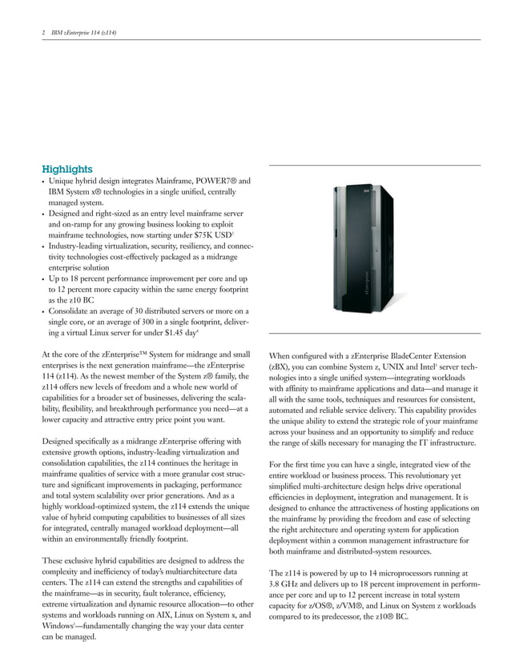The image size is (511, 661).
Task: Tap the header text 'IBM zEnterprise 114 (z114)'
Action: click(84, 32)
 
